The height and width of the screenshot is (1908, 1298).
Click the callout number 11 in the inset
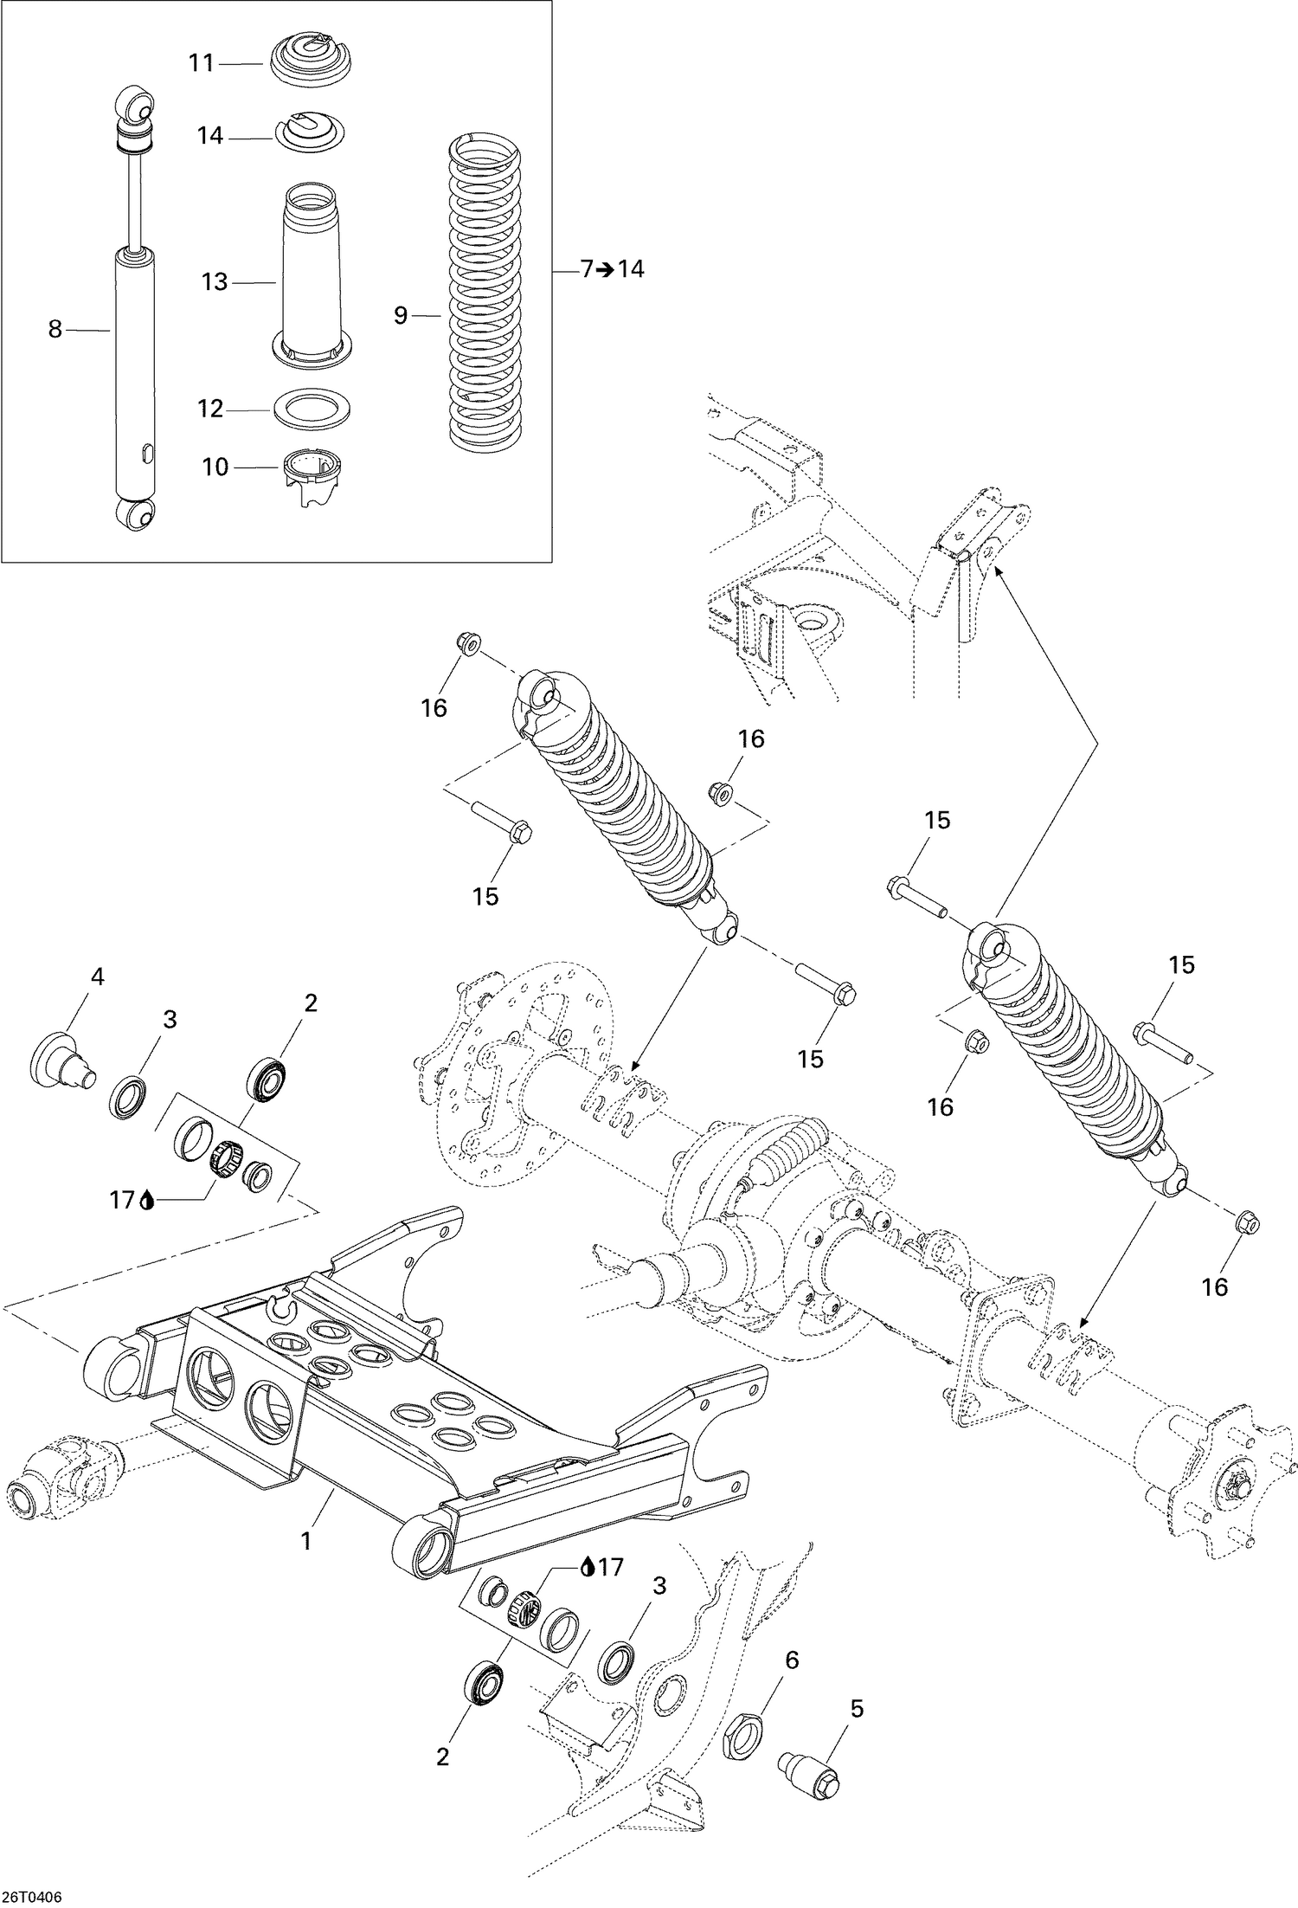coord(201,63)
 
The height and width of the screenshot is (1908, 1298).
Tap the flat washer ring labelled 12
coord(312,407)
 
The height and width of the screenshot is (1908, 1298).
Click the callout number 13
coord(214,282)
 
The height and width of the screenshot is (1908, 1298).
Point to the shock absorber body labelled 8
coord(137,372)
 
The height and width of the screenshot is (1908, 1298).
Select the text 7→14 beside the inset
coord(612,269)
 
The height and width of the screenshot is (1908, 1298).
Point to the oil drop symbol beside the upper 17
coord(147,1201)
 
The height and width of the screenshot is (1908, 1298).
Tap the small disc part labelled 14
coord(309,133)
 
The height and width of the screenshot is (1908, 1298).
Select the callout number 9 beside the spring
coord(400,316)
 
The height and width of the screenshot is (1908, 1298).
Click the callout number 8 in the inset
coord(55,329)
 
